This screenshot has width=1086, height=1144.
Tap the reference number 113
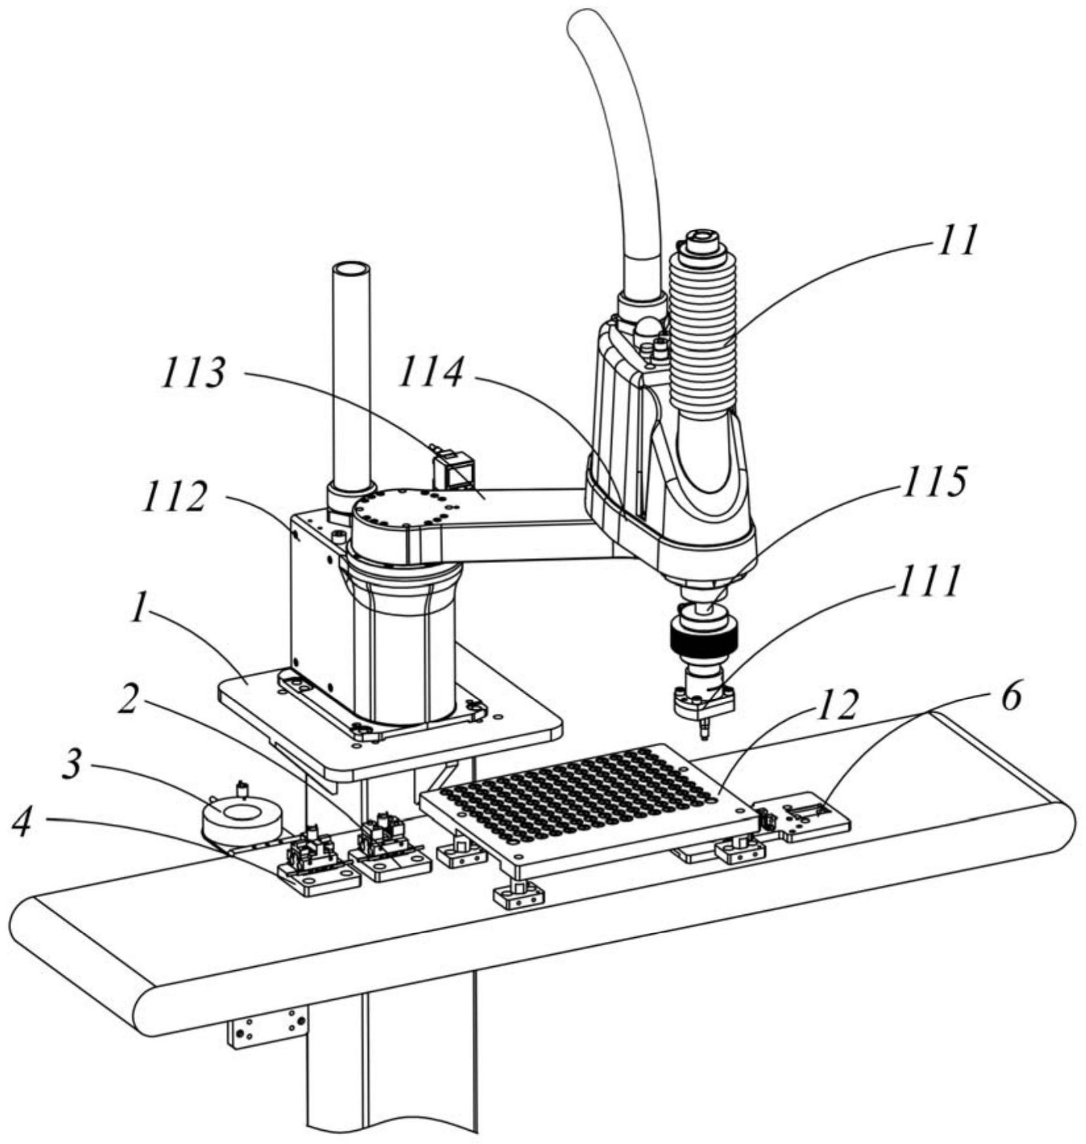(x=195, y=373)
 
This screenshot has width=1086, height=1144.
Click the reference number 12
(x=834, y=705)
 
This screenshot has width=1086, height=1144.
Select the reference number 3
(x=73, y=765)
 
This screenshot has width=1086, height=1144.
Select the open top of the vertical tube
(x=352, y=270)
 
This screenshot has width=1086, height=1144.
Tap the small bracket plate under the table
(x=268, y=1028)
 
